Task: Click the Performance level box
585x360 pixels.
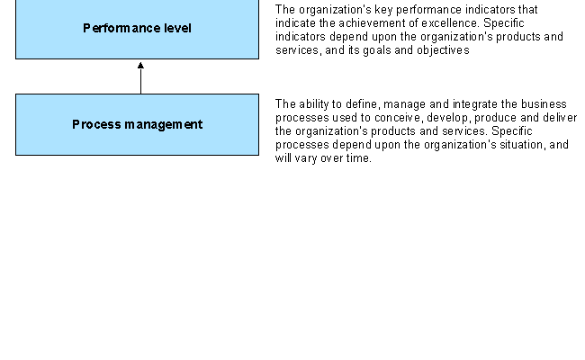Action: (x=137, y=29)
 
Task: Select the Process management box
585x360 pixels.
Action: (x=137, y=124)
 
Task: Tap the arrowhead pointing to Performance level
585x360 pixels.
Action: (x=140, y=66)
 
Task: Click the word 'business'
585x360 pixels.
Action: (x=544, y=104)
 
